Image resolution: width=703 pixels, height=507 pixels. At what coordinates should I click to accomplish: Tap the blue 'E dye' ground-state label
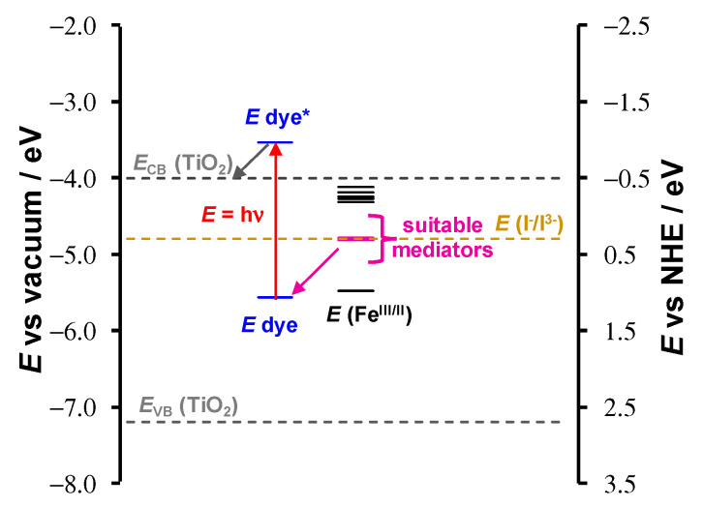tap(270, 324)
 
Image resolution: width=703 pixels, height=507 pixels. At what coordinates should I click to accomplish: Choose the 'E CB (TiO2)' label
tap(182, 165)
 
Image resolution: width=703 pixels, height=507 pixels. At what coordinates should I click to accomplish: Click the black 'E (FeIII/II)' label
tap(369, 313)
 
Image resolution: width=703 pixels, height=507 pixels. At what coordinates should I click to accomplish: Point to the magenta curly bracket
tap(387, 238)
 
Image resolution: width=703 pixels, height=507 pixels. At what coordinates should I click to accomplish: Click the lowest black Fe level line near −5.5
tap(355, 290)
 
